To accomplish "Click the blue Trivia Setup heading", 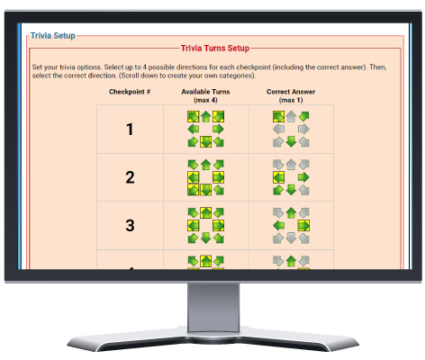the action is pyautogui.click(x=53, y=36).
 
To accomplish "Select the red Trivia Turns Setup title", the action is pyautogui.click(x=215, y=48).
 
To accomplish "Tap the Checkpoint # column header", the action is pyautogui.click(x=130, y=92).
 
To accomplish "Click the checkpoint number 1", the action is pyautogui.click(x=130, y=130).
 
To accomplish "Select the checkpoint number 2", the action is pyautogui.click(x=130, y=177).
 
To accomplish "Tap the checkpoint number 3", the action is pyautogui.click(x=130, y=225).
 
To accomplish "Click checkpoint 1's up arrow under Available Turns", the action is pyautogui.click(x=205, y=116).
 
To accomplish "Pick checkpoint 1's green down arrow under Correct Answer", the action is pyautogui.click(x=291, y=141).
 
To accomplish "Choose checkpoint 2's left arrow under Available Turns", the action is pyautogui.click(x=193, y=177).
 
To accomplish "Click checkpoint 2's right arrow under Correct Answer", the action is pyautogui.click(x=303, y=177).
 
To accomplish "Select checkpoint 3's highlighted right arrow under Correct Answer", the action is pyautogui.click(x=303, y=225).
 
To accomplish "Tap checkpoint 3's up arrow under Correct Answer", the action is pyautogui.click(x=291, y=212).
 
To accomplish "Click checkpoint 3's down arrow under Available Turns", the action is pyautogui.click(x=205, y=238).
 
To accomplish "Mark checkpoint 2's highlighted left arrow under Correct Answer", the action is pyautogui.click(x=278, y=177).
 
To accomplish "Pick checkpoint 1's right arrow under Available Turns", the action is pyautogui.click(x=218, y=130).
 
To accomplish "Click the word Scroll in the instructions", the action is pyautogui.click(x=130, y=76).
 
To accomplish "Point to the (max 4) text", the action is pyautogui.click(x=205, y=100).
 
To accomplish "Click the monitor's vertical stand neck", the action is pyautogui.click(x=213, y=307).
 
